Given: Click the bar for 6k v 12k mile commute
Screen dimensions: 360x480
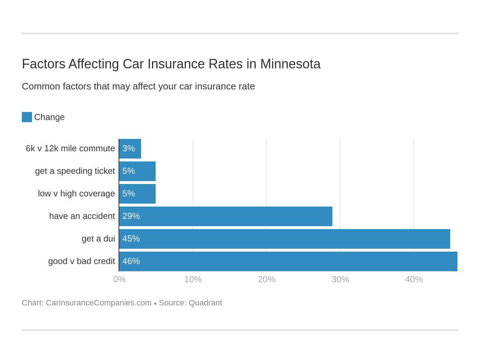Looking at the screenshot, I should point(130,149).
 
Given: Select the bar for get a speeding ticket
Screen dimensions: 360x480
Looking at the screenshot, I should point(137,171).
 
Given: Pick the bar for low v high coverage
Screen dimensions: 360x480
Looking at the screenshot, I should point(137,194).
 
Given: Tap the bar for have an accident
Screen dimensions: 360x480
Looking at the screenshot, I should point(225,216).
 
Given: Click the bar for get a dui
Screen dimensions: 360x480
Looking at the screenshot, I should point(284,239).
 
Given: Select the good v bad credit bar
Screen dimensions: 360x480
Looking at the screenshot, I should point(288,261).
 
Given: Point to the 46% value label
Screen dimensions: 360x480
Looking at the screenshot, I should point(131,261).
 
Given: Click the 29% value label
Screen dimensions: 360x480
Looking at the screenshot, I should point(131,216).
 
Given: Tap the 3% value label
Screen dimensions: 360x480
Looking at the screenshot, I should point(129,148).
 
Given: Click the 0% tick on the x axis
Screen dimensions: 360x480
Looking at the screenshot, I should point(119,279).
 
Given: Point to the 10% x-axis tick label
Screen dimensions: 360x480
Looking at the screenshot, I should point(193,279).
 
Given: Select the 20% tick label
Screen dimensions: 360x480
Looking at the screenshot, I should point(267,279).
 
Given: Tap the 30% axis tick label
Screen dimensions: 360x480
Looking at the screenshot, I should point(340,279).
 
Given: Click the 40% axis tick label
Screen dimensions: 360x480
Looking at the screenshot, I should point(414,279).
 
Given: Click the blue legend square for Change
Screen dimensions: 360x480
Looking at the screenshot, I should point(27,117).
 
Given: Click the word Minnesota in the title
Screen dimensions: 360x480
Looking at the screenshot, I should point(290,64).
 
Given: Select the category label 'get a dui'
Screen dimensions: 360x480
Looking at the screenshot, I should point(98,239).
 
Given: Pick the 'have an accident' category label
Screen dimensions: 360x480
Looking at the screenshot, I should point(82,216).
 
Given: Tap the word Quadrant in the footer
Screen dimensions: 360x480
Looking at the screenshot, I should point(205,303).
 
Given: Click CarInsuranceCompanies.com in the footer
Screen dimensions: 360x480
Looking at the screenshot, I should point(99,303).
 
